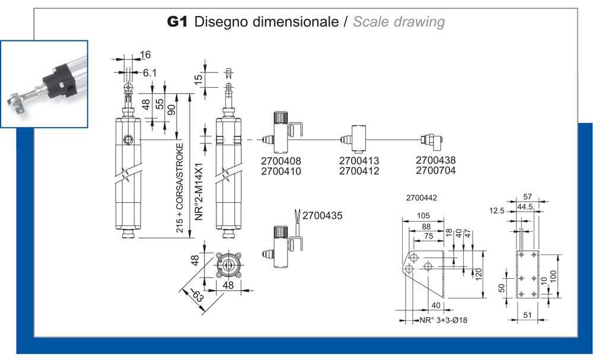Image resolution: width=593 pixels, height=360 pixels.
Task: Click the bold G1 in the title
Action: pos(177,23)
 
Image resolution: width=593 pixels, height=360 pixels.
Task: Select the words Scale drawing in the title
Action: pos(398,23)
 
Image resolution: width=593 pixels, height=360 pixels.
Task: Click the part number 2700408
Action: pos(281,161)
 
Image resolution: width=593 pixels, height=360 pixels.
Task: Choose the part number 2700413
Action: pos(359,161)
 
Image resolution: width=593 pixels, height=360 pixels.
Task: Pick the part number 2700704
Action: pos(436,171)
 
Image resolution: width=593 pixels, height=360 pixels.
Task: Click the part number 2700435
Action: pos(323,216)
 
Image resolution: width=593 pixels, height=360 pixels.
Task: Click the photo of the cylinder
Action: pos(44,84)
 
